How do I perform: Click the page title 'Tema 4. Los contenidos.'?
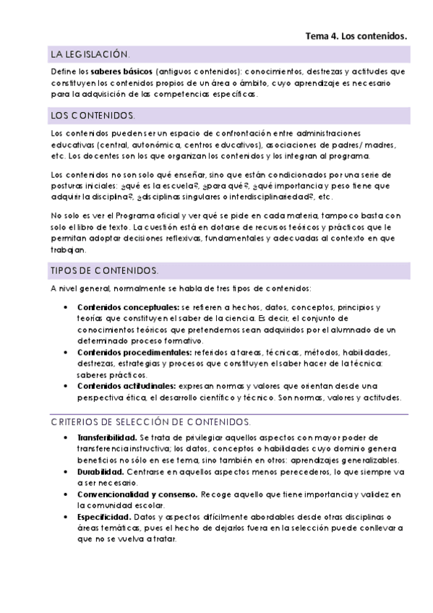click(x=356, y=35)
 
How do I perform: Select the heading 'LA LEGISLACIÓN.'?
click(x=90, y=55)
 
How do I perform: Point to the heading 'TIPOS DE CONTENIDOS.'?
click(x=104, y=270)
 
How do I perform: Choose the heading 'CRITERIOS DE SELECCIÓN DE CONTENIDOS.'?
click(x=151, y=421)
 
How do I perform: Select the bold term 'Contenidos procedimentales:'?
click(x=134, y=352)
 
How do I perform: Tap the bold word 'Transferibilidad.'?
click(x=107, y=438)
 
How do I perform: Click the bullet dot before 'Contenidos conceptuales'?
click(x=65, y=307)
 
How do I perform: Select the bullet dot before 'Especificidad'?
click(x=65, y=517)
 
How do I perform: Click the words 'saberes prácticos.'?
click(x=112, y=374)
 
